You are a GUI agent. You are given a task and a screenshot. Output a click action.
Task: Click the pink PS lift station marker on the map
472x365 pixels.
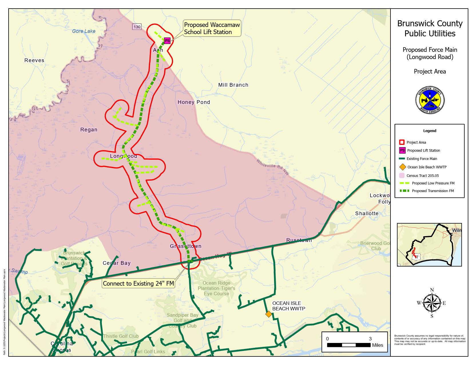click(167, 41)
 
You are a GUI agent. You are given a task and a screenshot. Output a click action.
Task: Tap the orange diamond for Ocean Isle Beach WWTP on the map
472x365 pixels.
click(269, 314)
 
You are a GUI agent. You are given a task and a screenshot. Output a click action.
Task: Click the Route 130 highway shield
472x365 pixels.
click(137, 27)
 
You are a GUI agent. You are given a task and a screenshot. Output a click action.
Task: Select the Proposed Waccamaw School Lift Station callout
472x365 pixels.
click(212, 28)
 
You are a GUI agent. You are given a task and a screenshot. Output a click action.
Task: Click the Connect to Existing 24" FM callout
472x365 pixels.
click(138, 283)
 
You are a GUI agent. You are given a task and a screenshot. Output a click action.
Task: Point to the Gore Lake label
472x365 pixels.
click(84, 31)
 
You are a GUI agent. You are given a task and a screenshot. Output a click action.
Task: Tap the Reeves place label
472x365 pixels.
click(34, 60)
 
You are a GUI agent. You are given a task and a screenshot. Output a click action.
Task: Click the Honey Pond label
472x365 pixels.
click(194, 102)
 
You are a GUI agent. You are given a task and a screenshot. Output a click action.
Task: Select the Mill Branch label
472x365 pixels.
click(233, 85)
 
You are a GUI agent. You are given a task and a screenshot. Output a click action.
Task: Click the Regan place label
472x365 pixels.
click(89, 130)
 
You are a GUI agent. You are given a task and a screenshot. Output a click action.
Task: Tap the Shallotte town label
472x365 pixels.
click(367, 214)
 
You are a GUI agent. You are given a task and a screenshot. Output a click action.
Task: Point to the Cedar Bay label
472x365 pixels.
click(117, 263)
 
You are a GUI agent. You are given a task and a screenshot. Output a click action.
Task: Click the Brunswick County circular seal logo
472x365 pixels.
click(430, 100)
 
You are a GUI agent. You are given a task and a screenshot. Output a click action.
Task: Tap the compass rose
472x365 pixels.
click(432, 303)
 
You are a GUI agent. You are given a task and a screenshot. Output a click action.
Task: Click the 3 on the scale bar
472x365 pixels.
click(370, 339)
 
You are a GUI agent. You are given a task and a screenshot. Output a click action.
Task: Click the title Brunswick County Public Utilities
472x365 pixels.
click(430, 28)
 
